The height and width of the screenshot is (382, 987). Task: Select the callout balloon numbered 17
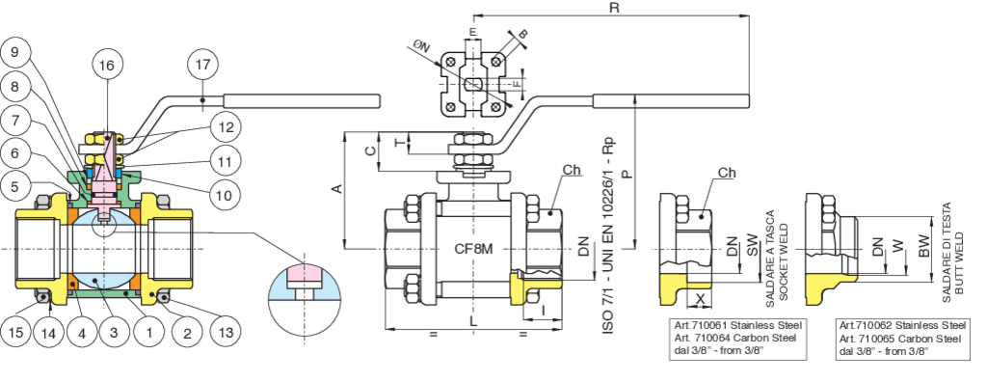pos(202,65)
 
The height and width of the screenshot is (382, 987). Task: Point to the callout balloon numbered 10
pos(224,196)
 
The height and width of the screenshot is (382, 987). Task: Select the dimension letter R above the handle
pos(614,8)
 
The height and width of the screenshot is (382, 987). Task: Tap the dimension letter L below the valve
pos(473,321)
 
